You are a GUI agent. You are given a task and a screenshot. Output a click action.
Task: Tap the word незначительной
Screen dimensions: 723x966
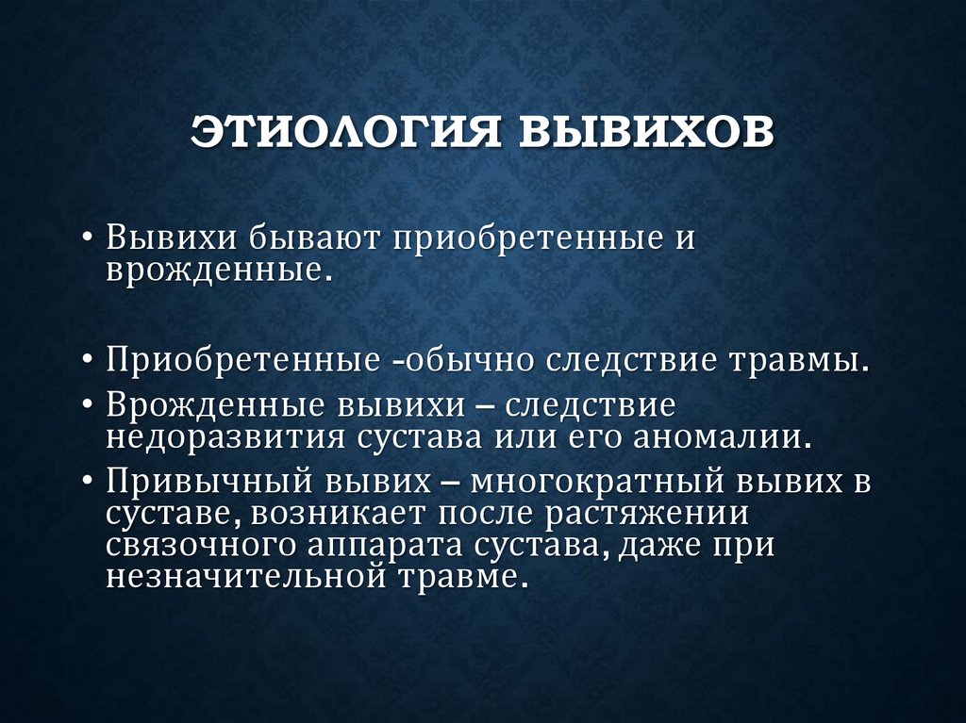pyautogui.click(x=239, y=577)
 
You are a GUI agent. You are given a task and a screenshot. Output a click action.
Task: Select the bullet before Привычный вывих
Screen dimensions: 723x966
pyautogui.click(x=88, y=482)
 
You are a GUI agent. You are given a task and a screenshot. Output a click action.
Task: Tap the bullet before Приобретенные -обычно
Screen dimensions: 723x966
pyautogui.click(x=88, y=362)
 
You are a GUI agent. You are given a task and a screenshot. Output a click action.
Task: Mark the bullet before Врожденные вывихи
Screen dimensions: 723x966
pyautogui.click(x=88, y=406)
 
